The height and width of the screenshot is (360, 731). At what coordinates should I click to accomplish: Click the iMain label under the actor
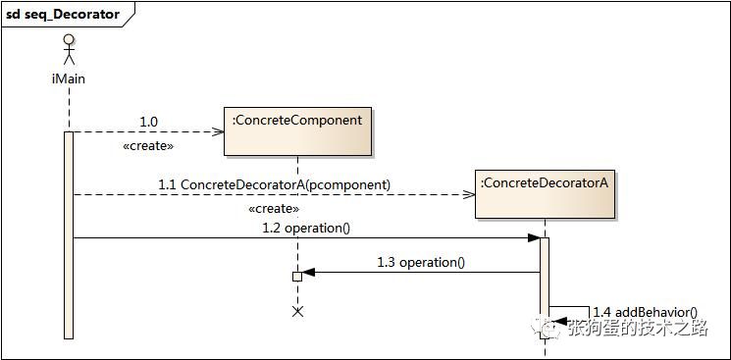click(69, 78)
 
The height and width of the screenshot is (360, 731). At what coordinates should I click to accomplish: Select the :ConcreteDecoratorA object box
click(545, 193)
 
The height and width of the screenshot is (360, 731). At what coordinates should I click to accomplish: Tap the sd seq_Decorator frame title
click(64, 14)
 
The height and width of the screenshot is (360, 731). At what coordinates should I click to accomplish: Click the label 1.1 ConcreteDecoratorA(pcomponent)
click(274, 184)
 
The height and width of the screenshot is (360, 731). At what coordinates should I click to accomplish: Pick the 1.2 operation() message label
click(306, 228)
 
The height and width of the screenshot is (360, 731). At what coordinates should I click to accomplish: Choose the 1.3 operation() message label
click(421, 262)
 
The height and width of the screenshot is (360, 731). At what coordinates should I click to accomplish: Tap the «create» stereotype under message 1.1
click(275, 208)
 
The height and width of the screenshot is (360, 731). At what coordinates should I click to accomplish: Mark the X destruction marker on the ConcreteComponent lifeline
click(298, 311)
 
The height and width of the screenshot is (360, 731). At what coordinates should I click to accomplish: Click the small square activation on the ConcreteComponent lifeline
click(297, 277)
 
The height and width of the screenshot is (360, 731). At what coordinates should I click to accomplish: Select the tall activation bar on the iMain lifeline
click(69, 235)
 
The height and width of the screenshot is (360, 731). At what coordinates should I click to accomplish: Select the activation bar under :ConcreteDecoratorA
click(545, 284)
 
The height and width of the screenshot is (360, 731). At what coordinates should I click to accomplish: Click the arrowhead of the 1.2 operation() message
click(533, 237)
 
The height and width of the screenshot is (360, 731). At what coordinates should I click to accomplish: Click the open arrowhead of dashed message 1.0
click(220, 131)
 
